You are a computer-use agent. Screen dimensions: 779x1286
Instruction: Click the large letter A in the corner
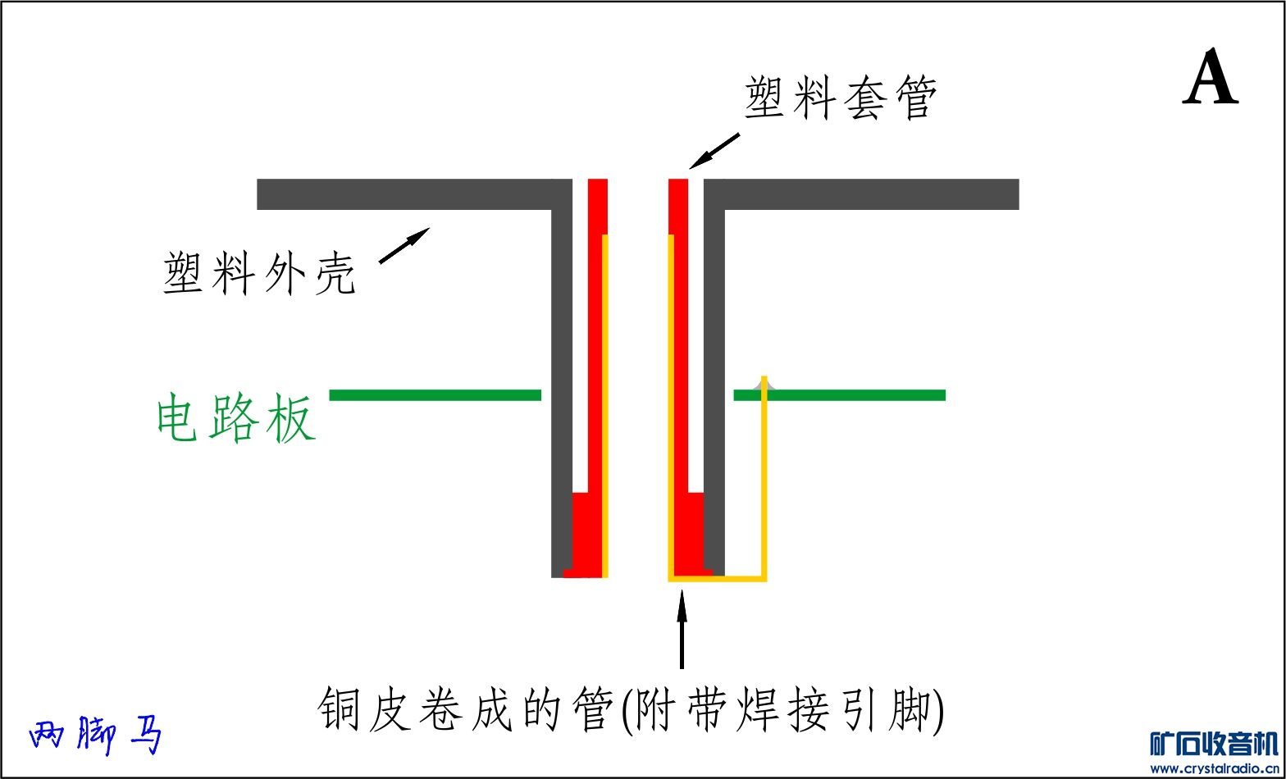[x=1211, y=78]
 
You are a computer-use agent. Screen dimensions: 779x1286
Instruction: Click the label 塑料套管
[x=841, y=99]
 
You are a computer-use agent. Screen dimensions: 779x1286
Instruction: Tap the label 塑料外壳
[x=259, y=273]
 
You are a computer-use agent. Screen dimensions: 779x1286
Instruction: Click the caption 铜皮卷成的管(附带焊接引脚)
[x=632, y=708]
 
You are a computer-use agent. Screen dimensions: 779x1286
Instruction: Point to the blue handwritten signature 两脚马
[x=95, y=736]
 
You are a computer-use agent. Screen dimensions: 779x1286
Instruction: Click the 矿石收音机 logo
[x=1214, y=744]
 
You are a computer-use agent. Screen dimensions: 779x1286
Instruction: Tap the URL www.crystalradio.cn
[x=1214, y=768]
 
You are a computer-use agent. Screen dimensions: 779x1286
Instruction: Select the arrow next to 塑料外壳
[x=404, y=245]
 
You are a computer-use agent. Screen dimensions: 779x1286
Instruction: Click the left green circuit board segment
[x=435, y=395]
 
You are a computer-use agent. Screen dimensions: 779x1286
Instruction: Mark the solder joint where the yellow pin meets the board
[x=764, y=384]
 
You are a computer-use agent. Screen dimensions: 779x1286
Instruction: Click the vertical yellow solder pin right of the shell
[x=764, y=484]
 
